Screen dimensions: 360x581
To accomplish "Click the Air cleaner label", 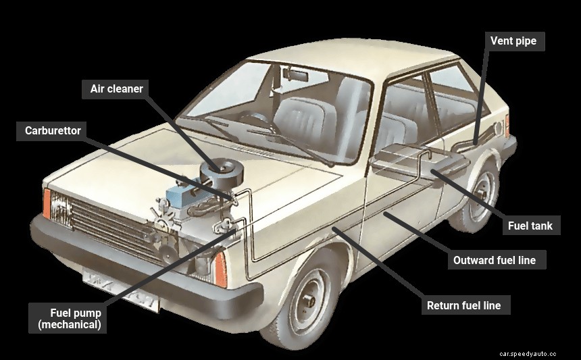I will click(117, 88).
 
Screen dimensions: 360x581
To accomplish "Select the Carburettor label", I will click(53, 130).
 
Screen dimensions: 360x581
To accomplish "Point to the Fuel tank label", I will click(530, 226).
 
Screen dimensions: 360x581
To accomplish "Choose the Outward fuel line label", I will click(496, 260).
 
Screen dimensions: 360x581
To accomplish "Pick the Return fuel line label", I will click(463, 305).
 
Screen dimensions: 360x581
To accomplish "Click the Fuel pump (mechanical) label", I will click(70, 319).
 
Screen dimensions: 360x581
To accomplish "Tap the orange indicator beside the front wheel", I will click(220, 269).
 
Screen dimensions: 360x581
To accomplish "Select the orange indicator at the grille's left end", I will click(47, 203).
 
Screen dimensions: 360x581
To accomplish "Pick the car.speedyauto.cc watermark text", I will click(528, 353).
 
